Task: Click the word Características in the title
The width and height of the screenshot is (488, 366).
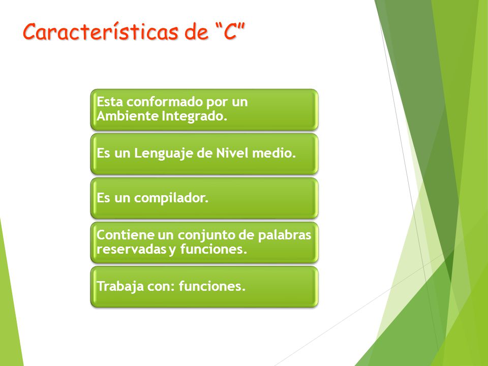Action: coord(101,32)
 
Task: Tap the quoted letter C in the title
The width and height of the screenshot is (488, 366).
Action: coord(230,32)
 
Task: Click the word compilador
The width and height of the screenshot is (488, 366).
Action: coord(171,198)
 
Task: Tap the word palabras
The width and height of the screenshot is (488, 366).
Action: coord(285,235)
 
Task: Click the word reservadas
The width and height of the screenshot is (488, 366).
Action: coord(131,249)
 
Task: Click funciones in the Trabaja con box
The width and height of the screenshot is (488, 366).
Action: coord(212,286)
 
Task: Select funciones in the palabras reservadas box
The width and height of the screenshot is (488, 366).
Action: coord(213,249)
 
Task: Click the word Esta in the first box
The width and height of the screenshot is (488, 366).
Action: coord(110,102)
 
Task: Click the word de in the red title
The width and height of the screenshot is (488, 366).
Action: coord(196,32)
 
